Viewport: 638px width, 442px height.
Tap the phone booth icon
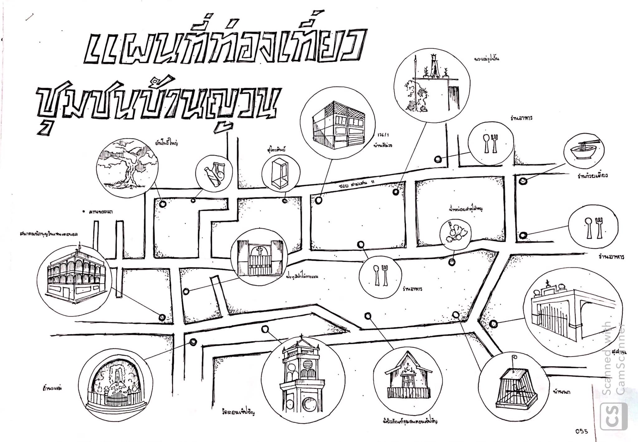tap(279, 174)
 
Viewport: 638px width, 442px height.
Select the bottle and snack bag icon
tap(214, 176)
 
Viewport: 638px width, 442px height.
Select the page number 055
tap(581, 431)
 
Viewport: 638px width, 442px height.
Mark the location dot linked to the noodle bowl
tap(523, 180)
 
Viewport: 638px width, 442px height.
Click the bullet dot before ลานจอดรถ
tap(84, 211)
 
